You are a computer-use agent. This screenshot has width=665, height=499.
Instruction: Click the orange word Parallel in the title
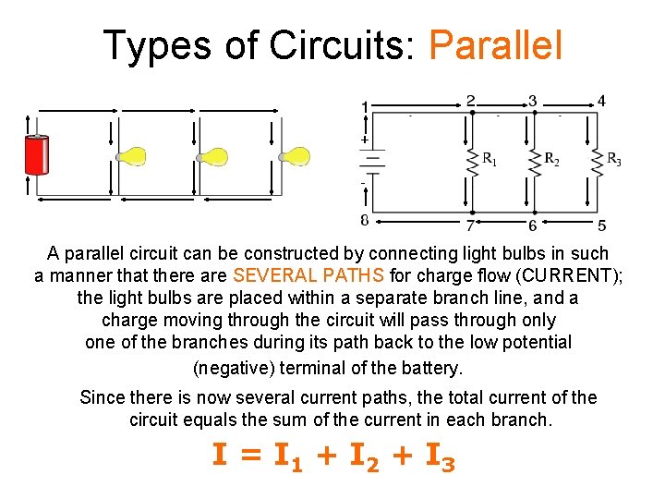[496, 45]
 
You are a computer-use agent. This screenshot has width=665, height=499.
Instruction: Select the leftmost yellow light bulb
[133, 156]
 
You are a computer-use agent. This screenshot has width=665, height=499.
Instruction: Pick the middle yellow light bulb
[214, 156]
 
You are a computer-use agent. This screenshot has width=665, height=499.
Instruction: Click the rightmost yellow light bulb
[296, 156]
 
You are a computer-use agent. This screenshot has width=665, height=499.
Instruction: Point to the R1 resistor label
[489, 159]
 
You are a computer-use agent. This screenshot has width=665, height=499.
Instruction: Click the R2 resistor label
[551, 159]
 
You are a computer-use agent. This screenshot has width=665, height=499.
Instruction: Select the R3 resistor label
[612, 159]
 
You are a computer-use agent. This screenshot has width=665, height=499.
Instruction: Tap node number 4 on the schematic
[601, 101]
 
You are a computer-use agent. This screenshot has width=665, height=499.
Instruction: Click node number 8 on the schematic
[365, 220]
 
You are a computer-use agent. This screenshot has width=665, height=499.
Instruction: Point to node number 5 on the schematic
[601, 225]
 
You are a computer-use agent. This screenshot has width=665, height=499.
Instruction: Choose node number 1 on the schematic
[365, 107]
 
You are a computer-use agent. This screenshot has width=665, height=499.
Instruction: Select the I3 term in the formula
[435, 456]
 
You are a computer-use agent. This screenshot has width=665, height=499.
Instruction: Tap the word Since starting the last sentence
[103, 398]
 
